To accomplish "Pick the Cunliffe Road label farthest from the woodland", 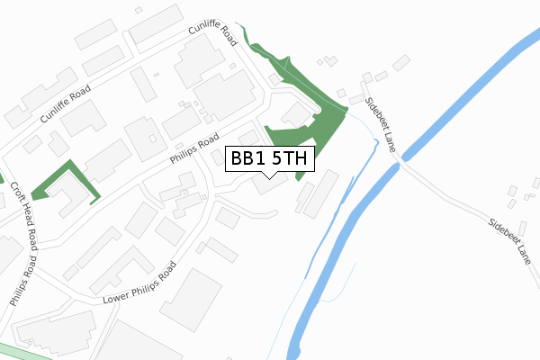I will pos(66,104).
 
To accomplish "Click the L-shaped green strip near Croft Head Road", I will pos(64,177).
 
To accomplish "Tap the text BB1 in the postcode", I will pos(247,159).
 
